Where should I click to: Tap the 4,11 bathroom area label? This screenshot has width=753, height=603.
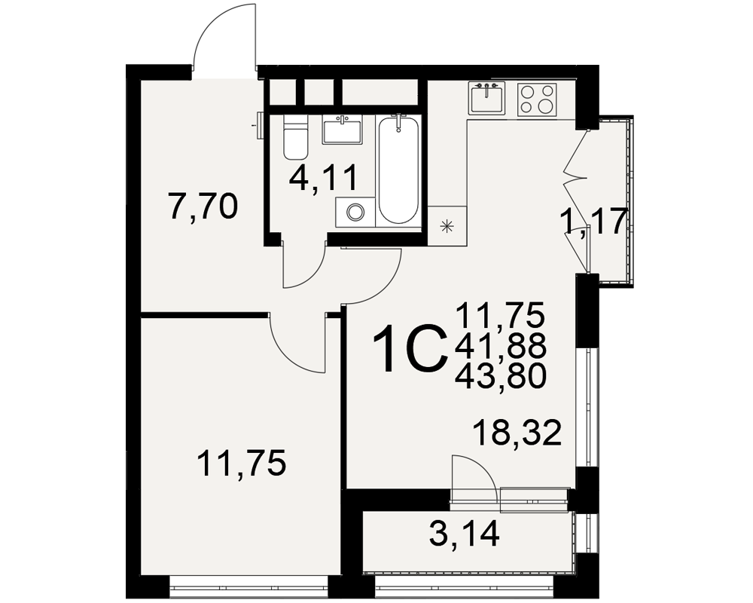(x=323, y=178)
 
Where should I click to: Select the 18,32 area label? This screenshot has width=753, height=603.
(x=517, y=432)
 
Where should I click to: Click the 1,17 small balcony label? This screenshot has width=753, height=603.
(x=594, y=222)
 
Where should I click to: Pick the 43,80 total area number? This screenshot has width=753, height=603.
(x=501, y=375)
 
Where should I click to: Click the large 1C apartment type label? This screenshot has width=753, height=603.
(x=409, y=347)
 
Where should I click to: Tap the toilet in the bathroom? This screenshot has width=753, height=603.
(x=295, y=136)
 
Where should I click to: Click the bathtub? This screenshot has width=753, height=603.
(x=398, y=169)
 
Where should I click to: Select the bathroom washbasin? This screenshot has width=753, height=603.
(x=341, y=130)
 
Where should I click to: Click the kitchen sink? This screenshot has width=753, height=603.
(x=487, y=99)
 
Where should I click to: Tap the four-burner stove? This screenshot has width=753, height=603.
(x=537, y=99)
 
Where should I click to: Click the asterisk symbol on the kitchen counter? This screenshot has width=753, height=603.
(x=447, y=226)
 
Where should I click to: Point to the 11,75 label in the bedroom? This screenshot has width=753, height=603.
(x=242, y=463)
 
